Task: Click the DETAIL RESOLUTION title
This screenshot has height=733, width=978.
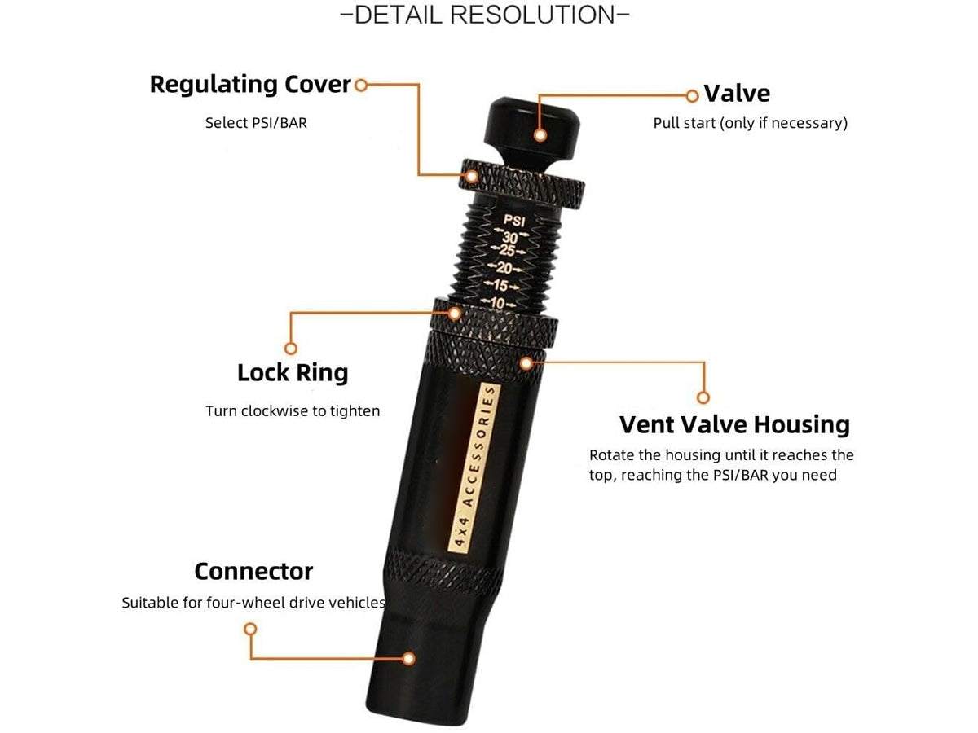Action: click(x=484, y=15)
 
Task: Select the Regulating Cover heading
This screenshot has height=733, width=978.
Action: click(x=250, y=85)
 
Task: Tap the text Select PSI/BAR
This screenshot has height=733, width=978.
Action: click(x=256, y=123)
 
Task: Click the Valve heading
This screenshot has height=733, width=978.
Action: click(x=737, y=94)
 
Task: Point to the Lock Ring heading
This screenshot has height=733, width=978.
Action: click(x=293, y=372)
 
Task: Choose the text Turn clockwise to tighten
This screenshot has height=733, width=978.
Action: click(x=293, y=410)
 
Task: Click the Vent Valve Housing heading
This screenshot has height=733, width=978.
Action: click(x=734, y=424)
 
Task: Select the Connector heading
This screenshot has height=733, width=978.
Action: click(x=253, y=571)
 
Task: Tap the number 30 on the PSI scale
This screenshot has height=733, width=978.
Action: click(x=510, y=237)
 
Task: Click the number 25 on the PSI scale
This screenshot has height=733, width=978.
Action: click(x=508, y=250)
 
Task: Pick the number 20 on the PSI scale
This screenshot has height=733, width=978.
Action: click(x=504, y=268)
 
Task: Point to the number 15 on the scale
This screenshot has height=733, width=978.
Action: click(x=500, y=285)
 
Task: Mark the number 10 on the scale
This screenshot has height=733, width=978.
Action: click(x=498, y=304)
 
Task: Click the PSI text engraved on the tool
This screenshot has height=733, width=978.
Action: click(x=514, y=220)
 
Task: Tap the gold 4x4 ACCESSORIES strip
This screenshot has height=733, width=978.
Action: click(x=475, y=468)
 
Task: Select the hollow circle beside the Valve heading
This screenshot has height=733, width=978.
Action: click(x=691, y=95)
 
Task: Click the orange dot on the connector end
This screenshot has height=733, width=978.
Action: click(x=408, y=658)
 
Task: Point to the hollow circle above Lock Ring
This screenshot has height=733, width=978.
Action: click(x=290, y=348)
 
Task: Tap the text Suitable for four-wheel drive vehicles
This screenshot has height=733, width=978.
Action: click(x=253, y=603)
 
